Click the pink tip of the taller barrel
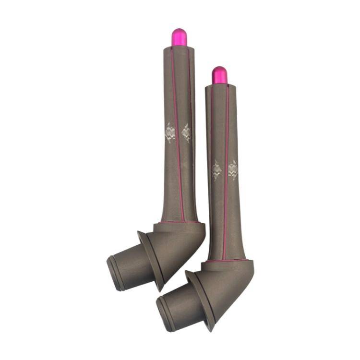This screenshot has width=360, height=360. pyautogui.click(x=179, y=37)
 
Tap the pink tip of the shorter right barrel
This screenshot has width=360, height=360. pyautogui.click(x=219, y=75)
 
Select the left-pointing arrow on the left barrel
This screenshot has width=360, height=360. pyautogui.click(x=169, y=132)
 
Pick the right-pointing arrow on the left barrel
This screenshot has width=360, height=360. pyautogui.click(x=186, y=132)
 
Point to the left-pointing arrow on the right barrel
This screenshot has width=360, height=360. pyautogui.click(x=216, y=170)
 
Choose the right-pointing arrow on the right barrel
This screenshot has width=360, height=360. pyautogui.click(x=233, y=170)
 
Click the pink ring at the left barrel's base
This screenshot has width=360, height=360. pyautogui.click(x=179, y=222)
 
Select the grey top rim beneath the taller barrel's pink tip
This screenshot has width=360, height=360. pyautogui.click(x=179, y=48)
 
